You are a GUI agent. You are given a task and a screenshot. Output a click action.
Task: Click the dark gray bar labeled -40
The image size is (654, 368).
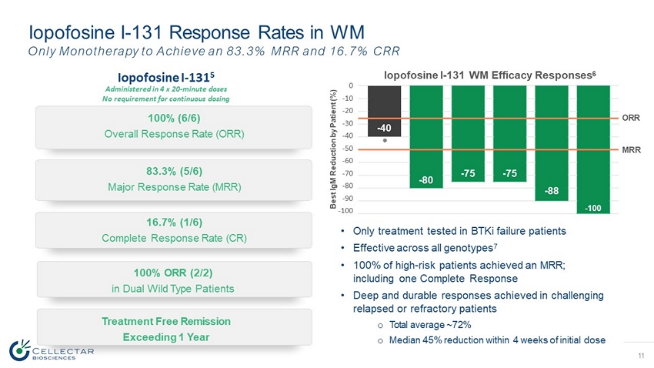384,111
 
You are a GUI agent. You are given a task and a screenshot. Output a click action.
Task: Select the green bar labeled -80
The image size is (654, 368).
425,137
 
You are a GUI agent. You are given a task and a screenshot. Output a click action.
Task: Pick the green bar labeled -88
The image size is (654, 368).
552,143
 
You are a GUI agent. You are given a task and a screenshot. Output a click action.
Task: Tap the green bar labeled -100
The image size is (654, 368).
593,149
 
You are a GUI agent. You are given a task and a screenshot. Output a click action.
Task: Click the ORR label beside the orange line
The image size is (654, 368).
631,118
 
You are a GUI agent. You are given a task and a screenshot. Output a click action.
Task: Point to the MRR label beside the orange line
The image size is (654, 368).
631,150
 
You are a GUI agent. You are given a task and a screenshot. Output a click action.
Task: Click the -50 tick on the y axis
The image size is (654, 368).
348,149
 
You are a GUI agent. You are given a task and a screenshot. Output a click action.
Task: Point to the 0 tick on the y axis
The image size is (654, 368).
351,85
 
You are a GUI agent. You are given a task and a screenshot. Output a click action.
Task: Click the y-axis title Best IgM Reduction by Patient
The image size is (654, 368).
333,149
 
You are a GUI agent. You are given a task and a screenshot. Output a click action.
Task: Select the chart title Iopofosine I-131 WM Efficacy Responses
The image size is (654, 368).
489,75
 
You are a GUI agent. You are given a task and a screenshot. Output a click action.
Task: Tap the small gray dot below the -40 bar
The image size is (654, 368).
385,141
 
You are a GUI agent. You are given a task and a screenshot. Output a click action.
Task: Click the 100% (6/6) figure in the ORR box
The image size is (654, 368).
174,118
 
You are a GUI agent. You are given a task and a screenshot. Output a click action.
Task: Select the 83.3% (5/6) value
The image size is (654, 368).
174,171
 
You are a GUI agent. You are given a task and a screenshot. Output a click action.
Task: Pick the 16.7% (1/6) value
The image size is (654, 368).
174,222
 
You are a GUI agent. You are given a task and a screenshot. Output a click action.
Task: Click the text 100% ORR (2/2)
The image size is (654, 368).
173,273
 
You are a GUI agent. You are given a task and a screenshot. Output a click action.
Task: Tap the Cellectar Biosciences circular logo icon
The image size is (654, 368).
19,350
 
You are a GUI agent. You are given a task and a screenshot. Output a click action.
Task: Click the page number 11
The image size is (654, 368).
641,356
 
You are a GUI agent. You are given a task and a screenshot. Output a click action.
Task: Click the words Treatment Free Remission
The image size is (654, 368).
166,321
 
